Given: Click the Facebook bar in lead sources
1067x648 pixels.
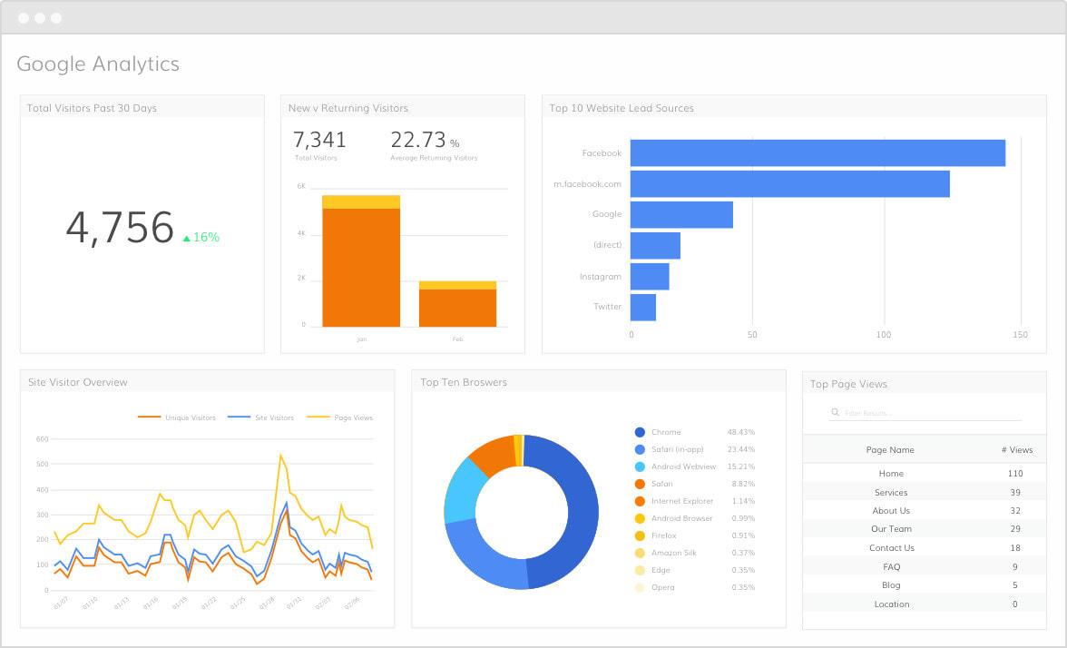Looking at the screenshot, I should pos(817,153).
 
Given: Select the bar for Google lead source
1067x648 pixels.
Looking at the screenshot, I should pos(681,215).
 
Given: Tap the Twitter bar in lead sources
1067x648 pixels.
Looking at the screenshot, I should pos(642,307).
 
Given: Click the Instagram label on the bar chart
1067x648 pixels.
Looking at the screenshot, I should pos(601,277).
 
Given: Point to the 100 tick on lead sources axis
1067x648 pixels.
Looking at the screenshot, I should pos(884,335).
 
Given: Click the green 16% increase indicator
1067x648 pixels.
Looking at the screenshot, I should pos(201,238).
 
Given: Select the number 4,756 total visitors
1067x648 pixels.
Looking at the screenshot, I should pos(119,228).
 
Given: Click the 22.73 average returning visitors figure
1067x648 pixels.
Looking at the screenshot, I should pos(418,140).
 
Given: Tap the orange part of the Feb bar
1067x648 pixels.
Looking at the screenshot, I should pos(457,308).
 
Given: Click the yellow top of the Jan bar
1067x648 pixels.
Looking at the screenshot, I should pos(361,201).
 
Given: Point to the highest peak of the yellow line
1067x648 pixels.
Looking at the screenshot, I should pos(280,455).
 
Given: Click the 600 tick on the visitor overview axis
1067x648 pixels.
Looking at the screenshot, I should pos(42,438).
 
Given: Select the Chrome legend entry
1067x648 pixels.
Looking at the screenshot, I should pos(665,433).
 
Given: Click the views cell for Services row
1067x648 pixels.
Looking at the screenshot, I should pos(1014,493).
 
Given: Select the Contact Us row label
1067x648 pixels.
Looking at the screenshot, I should pos(891,548).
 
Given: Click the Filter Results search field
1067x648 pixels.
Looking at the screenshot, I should pos(925,413).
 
